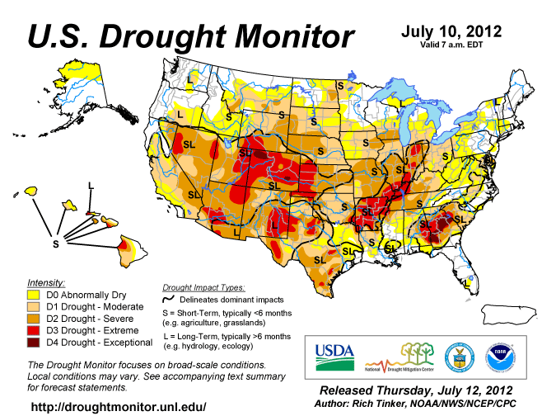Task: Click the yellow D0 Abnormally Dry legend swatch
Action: (x=34, y=293)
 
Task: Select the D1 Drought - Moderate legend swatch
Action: (x=34, y=305)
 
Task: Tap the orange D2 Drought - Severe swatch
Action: (x=34, y=318)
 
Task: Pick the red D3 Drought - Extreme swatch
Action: (x=34, y=329)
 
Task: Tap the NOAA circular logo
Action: (x=501, y=356)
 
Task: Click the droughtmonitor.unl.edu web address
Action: (x=118, y=407)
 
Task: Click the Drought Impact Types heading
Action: (x=203, y=287)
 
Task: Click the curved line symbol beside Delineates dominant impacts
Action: (x=170, y=299)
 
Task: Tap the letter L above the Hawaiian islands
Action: (x=91, y=183)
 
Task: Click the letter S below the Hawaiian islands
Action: (x=56, y=243)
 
